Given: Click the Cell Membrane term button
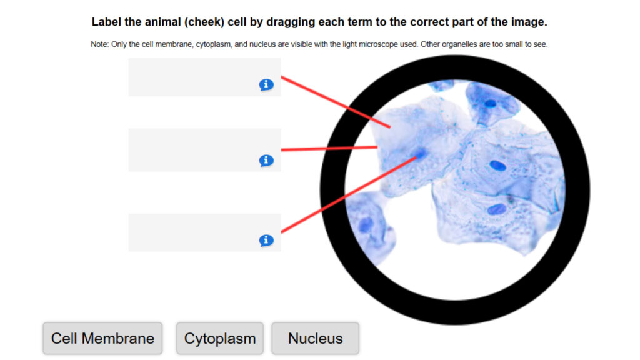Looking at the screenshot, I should tap(102, 339).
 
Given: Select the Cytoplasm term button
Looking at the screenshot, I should tap(220, 339).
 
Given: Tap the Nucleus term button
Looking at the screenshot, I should tap(315, 339).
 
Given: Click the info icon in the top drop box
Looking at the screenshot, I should tap(266, 85).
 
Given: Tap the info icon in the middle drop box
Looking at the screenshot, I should tap(266, 161).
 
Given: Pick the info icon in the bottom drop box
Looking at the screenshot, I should tap(266, 241).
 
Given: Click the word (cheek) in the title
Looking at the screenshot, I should tap(204, 22).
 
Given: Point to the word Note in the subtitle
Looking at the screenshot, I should tap(99, 44).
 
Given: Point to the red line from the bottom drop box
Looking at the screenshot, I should tap(347, 194).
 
